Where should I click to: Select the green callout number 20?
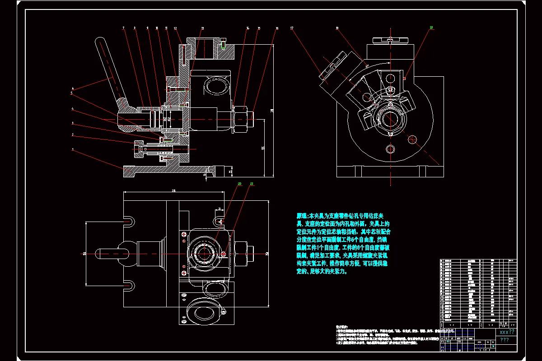point(239,184)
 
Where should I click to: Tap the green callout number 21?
point(252,184)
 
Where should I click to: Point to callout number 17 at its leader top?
point(292,28)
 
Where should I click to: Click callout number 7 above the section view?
point(123,28)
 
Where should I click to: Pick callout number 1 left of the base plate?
point(72,149)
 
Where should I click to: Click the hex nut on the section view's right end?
point(241,120)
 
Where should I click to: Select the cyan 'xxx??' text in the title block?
point(506,332)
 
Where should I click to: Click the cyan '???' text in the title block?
point(505,340)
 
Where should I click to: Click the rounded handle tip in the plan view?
point(100,253)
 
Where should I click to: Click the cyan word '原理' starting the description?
point(301,216)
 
